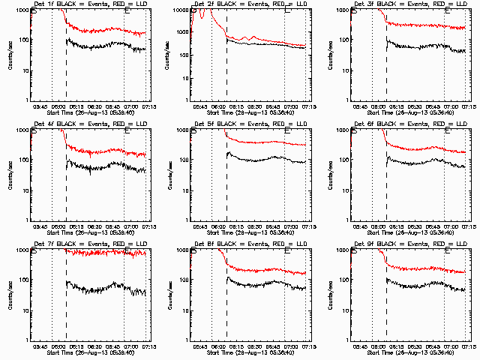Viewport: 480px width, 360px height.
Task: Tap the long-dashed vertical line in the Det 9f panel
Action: (386, 300)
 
